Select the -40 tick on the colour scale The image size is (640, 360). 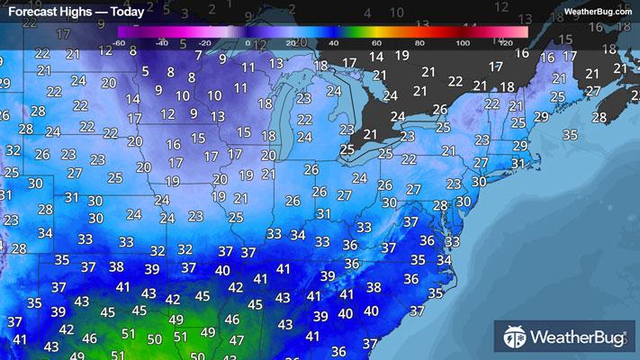pyautogui.click(x=161, y=43)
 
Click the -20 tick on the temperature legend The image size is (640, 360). pyautogui.click(x=204, y=43)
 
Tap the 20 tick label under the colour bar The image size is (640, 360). pyautogui.click(x=291, y=43)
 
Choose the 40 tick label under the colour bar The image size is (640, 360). pyautogui.click(x=334, y=43)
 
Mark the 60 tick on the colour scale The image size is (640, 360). pyautogui.click(x=377, y=43)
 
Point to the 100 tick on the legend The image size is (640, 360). pyautogui.click(x=463, y=43)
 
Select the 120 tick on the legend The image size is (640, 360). pyautogui.click(x=505, y=43)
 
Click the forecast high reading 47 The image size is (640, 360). pyautogui.click(x=237, y=340)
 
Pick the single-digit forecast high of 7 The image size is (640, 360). pyautogui.click(x=198, y=56)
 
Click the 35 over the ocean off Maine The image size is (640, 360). pyautogui.click(x=570, y=134)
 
